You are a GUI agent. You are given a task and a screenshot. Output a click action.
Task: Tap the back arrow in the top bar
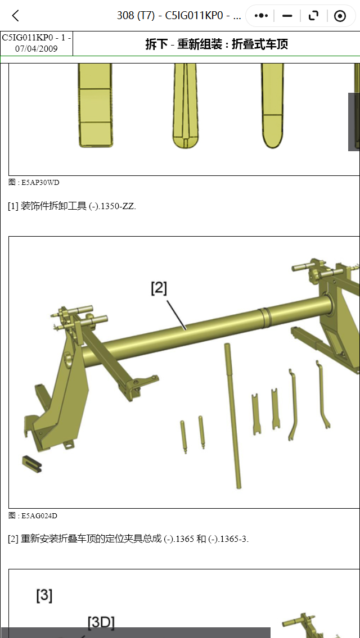[x=16, y=16]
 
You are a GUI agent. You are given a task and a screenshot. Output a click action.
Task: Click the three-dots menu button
[x=261, y=16]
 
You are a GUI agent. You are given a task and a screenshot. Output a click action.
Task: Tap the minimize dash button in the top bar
[x=287, y=16]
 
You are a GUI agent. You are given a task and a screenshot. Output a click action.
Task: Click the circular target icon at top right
[x=340, y=16]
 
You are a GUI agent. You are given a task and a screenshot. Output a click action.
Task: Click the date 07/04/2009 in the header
[x=37, y=48]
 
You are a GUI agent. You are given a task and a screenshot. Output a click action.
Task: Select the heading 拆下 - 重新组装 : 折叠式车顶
[x=217, y=44]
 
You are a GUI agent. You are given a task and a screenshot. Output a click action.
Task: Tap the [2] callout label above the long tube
[x=159, y=288]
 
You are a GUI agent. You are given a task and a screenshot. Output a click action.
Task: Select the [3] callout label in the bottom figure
[x=44, y=595]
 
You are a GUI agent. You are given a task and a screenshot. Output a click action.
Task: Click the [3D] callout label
[x=101, y=622]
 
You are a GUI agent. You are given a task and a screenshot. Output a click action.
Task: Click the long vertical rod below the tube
[x=233, y=416]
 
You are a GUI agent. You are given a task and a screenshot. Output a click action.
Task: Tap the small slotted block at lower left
[x=32, y=464]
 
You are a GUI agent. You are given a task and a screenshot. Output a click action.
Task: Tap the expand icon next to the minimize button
[x=313, y=16]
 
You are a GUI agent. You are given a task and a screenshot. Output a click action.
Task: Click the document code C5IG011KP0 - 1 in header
[x=37, y=38]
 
